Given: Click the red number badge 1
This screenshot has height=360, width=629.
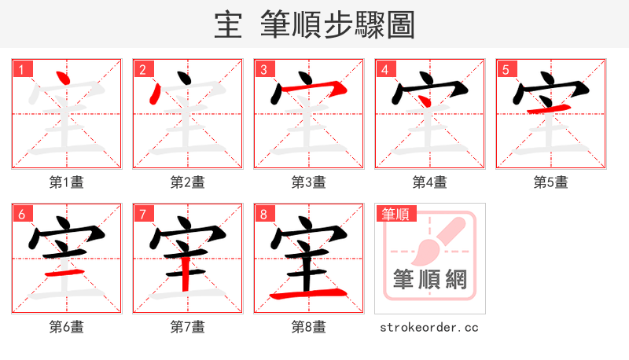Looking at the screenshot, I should point(21,69).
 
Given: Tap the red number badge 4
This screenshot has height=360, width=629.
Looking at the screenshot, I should point(384,69).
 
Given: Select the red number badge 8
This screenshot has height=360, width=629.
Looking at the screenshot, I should point(263,214).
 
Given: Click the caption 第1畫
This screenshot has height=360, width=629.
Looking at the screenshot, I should point(67,182).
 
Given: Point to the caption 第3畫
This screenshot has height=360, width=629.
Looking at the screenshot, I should point(309,182).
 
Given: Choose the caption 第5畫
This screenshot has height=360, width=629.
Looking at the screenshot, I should point(551,182).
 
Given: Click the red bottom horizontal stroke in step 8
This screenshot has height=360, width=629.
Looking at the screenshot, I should point(308,295).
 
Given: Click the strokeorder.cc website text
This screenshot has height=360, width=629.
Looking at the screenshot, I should point(429,327).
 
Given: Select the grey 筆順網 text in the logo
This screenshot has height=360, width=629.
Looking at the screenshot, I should point(429,279).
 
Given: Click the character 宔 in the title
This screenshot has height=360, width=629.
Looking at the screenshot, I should point(227,24).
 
